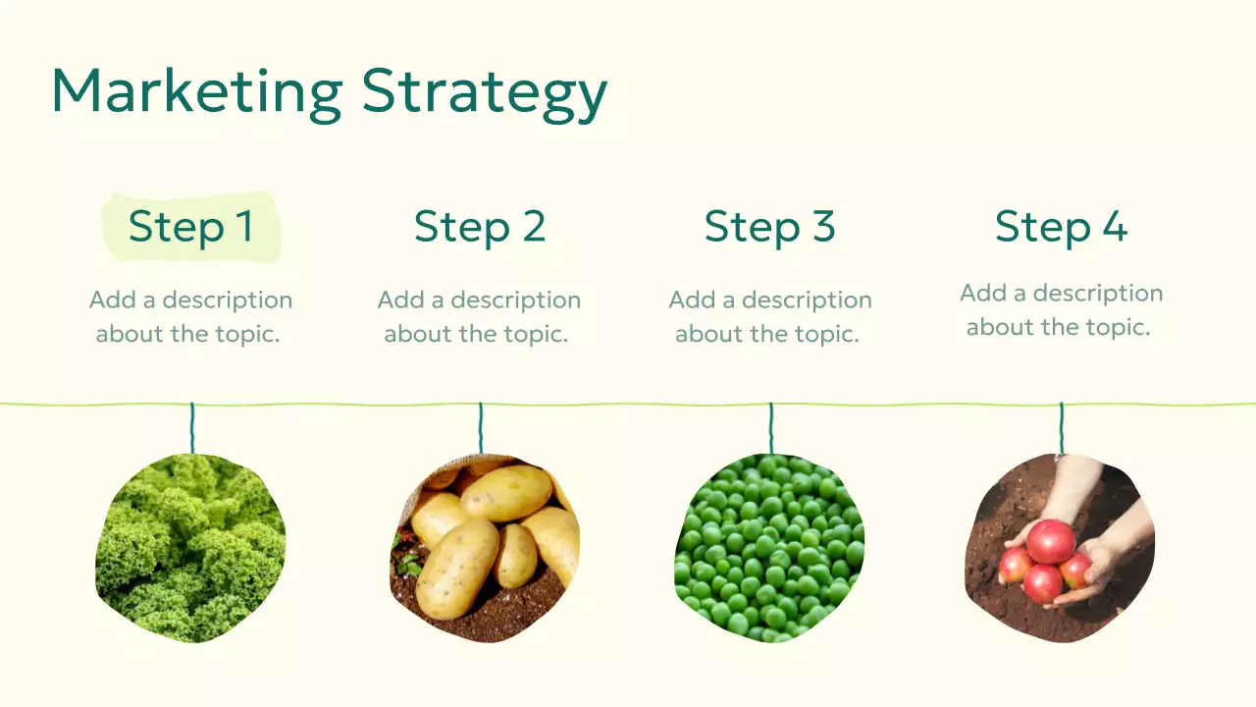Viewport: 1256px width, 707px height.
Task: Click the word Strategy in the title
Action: (x=484, y=94)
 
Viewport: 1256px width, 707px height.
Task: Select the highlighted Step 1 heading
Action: (x=191, y=227)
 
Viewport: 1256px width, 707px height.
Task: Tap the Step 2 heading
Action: (x=479, y=227)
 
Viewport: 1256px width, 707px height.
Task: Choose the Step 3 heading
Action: (x=769, y=227)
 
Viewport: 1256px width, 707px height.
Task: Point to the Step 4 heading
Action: (x=1061, y=227)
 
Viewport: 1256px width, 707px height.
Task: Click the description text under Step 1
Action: (x=190, y=316)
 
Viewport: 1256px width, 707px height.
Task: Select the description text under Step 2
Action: (x=479, y=316)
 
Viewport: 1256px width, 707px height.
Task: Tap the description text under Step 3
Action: (x=769, y=316)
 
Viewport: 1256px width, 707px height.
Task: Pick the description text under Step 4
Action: (x=1061, y=309)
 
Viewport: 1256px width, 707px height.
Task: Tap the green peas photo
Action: (x=769, y=548)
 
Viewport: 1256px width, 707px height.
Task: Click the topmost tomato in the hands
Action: (x=1051, y=541)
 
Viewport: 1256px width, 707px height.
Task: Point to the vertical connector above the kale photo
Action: (x=192, y=428)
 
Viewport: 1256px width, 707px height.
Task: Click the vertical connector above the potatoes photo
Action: (x=481, y=428)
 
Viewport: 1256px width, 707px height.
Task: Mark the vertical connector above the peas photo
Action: (x=771, y=428)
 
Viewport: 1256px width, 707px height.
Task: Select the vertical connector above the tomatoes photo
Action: (x=1062, y=428)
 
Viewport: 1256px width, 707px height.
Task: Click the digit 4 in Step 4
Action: (x=1114, y=227)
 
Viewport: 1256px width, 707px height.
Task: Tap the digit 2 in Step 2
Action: (x=533, y=227)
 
